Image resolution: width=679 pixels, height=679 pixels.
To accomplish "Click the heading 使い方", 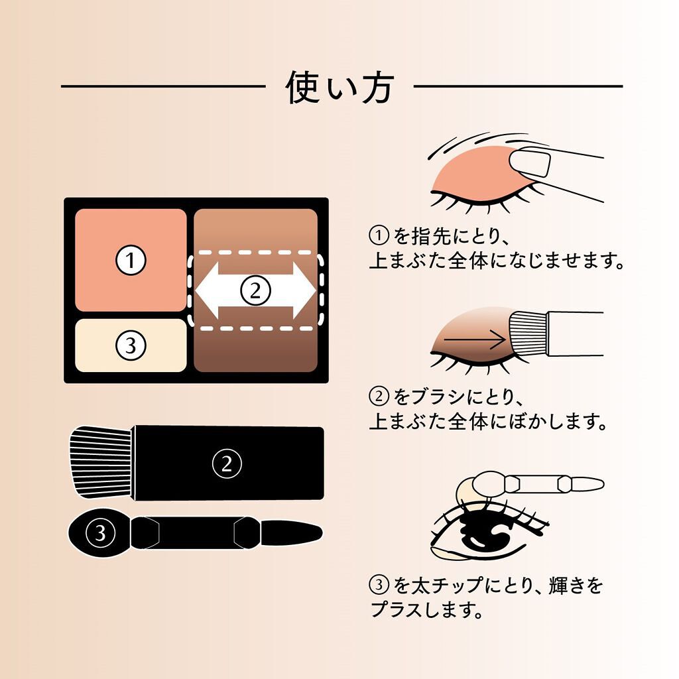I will click(x=339, y=87).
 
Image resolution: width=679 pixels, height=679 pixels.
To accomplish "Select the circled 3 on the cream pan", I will click(x=131, y=345).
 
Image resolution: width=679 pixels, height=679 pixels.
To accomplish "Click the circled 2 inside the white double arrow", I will click(x=255, y=290).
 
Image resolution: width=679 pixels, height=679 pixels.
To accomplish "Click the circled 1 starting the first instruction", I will click(x=377, y=236).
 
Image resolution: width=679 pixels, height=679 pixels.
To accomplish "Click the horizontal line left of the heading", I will click(x=162, y=86).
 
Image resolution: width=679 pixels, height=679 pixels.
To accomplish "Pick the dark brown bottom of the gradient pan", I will click(x=255, y=358).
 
